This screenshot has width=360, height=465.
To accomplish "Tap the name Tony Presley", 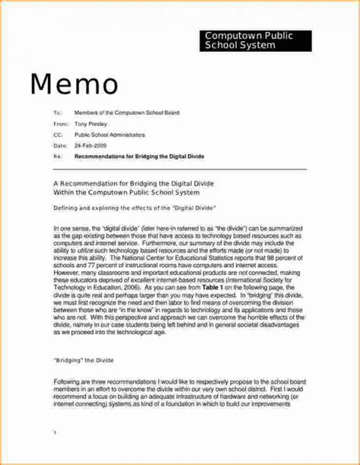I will [91, 122].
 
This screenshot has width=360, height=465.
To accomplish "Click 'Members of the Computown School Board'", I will [126, 112].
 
